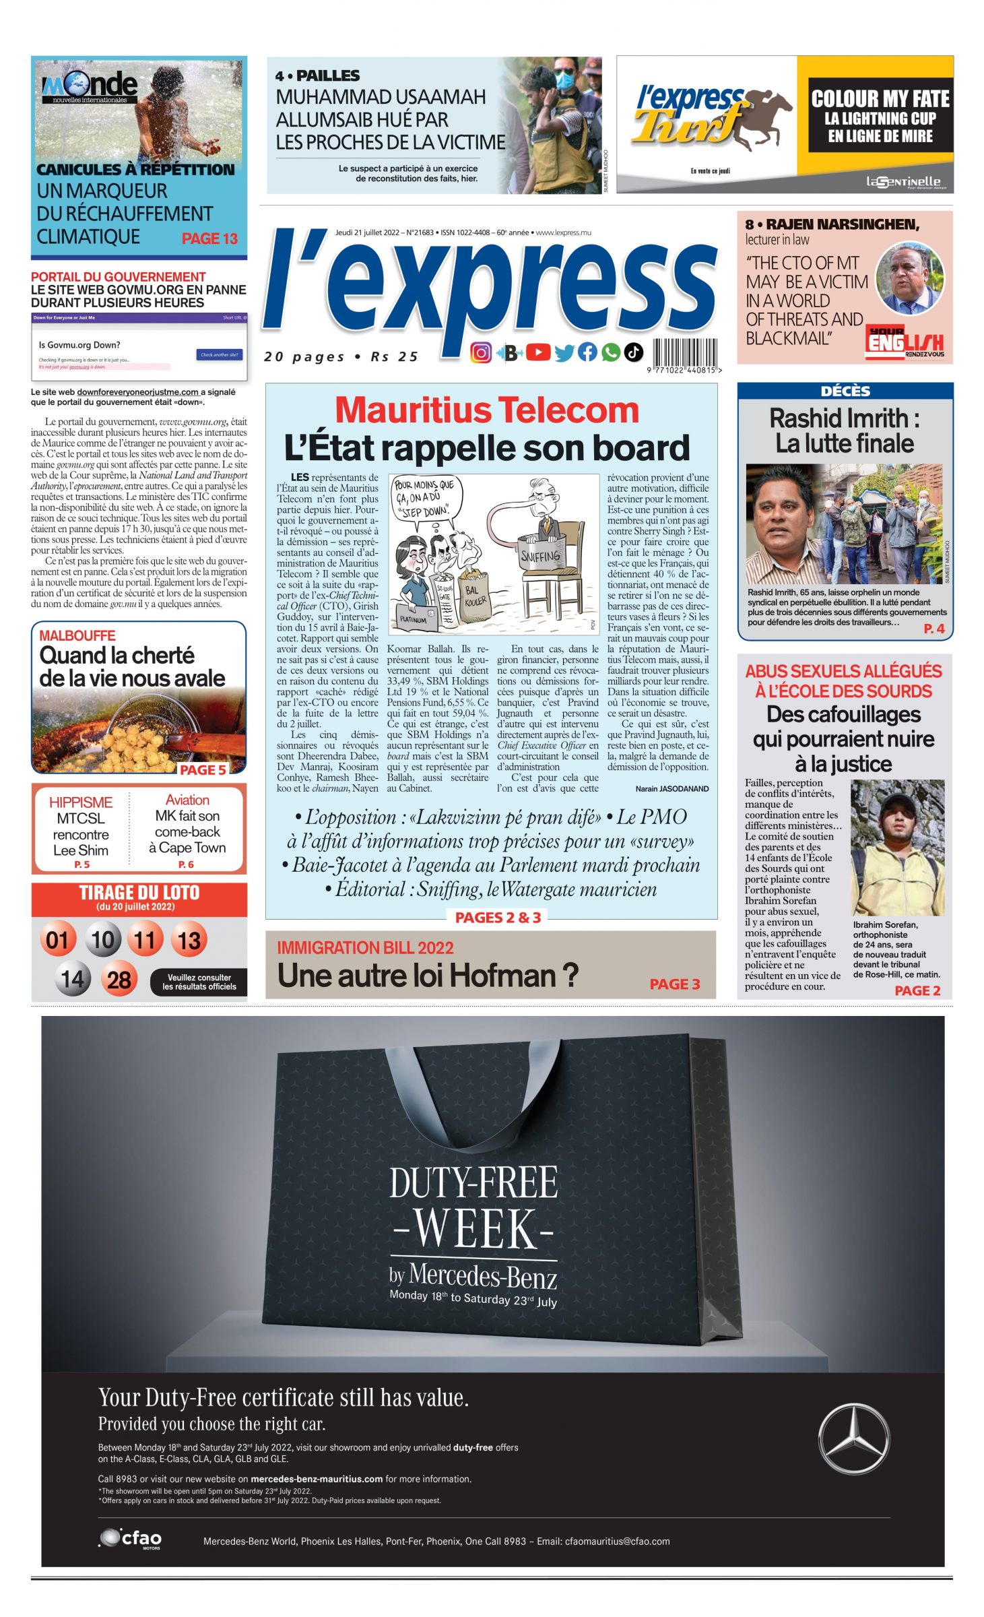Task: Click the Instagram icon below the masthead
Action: point(480,352)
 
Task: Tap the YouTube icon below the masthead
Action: point(537,352)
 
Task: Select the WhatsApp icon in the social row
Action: point(610,352)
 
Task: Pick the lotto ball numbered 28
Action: point(119,979)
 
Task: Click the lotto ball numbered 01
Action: point(57,939)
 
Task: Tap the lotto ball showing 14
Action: point(72,979)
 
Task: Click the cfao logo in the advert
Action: point(131,1539)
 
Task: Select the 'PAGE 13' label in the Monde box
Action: point(209,239)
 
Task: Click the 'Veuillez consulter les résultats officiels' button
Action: point(199,982)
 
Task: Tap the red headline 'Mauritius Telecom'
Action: point(486,410)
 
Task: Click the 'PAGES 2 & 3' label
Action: point(498,917)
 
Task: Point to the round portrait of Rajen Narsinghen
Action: point(909,278)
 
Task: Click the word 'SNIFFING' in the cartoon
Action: point(540,556)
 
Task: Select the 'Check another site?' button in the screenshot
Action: point(219,354)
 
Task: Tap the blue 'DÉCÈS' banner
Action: point(845,391)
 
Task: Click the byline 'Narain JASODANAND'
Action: point(671,788)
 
